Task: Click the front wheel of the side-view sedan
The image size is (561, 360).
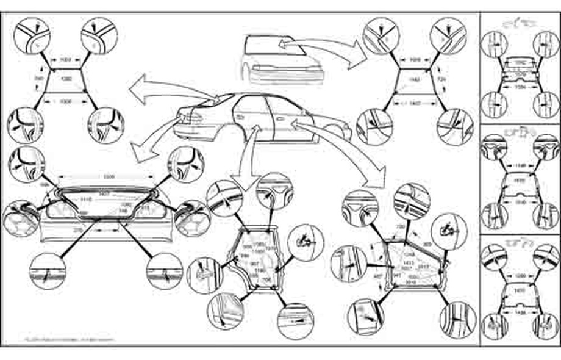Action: pos(334,131)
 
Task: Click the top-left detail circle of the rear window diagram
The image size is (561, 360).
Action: pos(32,35)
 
